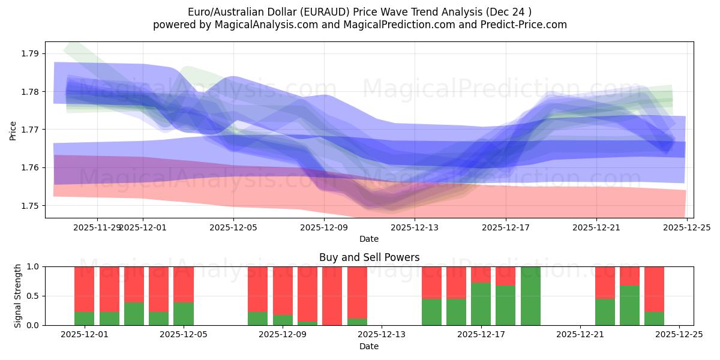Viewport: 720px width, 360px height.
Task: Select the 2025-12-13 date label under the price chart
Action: point(415,227)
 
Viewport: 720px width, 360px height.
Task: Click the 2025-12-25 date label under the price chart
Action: point(687,227)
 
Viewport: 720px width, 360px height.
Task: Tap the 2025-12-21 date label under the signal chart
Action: point(580,335)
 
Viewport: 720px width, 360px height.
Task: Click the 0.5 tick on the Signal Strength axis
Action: point(33,296)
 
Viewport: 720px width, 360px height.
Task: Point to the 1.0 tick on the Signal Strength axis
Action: point(33,267)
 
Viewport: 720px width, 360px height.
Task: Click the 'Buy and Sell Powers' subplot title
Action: point(369,257)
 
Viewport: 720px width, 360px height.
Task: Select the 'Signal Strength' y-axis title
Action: point(18,296)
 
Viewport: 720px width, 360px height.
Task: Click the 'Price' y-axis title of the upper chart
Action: point(13,130)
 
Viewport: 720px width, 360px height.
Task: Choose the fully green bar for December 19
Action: point(530,296)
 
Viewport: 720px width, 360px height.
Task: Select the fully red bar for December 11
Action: point(332,296)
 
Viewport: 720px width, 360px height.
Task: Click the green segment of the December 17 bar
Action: point(481,304)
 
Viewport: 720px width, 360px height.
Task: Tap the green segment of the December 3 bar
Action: point(134,314)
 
